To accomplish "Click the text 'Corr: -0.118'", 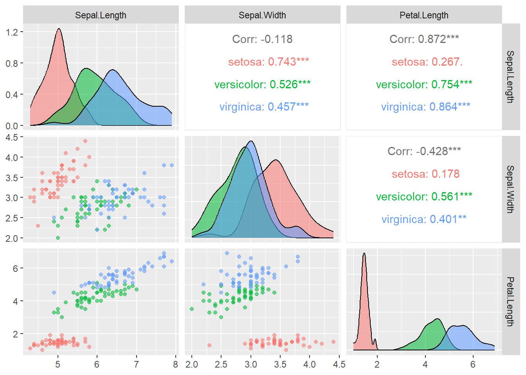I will [262, 39].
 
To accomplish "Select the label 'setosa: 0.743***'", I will [268, 62].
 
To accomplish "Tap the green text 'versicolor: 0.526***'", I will [262, 84].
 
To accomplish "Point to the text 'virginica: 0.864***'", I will [425, 107].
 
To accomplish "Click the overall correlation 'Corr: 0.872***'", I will [424, 39].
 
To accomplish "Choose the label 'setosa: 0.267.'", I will [427, 62].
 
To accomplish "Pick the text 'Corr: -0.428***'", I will [424, 151].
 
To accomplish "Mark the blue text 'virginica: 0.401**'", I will [424, 219].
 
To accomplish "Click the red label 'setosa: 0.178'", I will [425, 174].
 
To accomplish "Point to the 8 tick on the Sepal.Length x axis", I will [175, 364].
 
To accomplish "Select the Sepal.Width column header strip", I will [262, 15].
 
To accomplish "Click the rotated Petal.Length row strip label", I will [510, 302].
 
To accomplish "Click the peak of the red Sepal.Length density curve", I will [59, 29].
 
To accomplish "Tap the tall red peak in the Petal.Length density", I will [364, 254].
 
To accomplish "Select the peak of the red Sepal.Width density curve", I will [276, 160].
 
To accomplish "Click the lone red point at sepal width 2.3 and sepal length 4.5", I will [38, 226].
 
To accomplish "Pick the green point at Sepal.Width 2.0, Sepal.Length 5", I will [58, 238].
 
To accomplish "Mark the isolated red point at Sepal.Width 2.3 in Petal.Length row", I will [209, 345].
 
